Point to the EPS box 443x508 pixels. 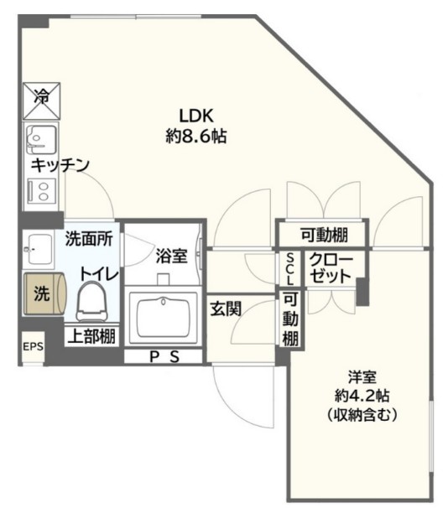pyautogui.click(x=32, y=346)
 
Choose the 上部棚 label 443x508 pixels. pyautogui.click(x=91, y=337)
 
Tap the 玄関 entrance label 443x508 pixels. pyautogui.click(x=226, y=308)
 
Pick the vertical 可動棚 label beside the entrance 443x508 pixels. pyautogui.click(x=289, y=320)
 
